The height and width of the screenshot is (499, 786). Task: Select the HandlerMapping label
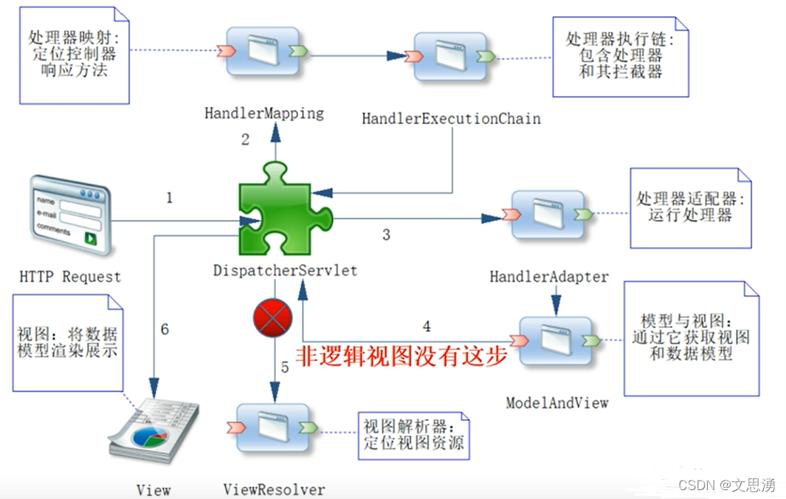pos(264,114)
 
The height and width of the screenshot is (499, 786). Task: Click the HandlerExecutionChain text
pos(451,118)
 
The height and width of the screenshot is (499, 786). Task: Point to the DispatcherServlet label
pos(285,271)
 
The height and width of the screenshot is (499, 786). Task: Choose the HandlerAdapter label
pos(549,277)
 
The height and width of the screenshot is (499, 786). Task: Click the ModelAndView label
pos(556,402)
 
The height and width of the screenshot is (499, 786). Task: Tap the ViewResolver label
pos(274,489)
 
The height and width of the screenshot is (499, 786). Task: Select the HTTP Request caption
pos(70,277)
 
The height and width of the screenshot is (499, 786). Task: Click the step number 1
pos(169,198)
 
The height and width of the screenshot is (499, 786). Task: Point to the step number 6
pos(165,329)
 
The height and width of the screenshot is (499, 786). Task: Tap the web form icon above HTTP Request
pos(70,214)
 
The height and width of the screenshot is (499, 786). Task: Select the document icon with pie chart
pos(154,432)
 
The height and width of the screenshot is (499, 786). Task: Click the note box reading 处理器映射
pos(74,55)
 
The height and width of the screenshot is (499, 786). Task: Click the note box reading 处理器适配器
pos(689,207)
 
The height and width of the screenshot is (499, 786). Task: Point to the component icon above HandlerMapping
pos(263,52)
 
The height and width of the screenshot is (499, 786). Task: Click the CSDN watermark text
pos(726,485)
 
